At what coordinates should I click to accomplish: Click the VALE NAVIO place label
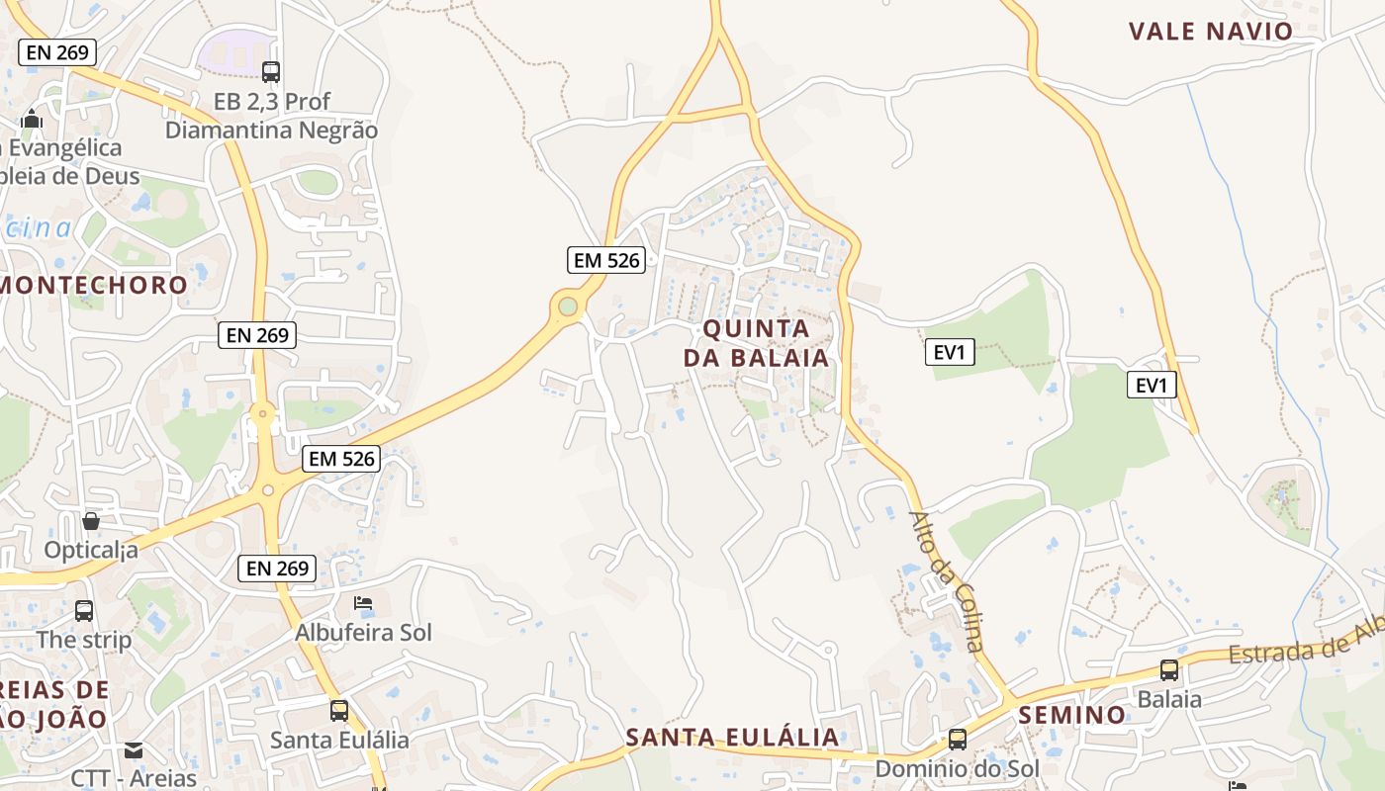point(1210,31)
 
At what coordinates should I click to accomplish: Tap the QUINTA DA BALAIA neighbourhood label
point(757,342)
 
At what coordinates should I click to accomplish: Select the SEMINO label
point(1071,715)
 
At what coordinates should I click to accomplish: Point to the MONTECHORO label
point(94,285)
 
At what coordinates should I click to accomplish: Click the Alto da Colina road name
point(948,581)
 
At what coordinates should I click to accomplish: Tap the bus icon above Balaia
point(1169,670)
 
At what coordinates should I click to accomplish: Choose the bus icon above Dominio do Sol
point(957,740)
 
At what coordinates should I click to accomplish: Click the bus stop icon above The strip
point(84,611)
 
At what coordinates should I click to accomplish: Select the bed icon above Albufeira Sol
point(363,603)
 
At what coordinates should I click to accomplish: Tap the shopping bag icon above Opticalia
point(91,520)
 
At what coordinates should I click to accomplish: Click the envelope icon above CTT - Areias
point(134,750)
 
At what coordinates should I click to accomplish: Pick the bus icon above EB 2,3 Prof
point(271,71)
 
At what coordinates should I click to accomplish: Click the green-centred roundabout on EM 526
point(567,307)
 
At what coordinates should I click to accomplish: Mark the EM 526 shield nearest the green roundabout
point(606,260)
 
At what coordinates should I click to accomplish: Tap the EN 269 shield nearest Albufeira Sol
point(277,568)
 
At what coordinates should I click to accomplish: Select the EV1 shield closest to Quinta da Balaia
point(950,351)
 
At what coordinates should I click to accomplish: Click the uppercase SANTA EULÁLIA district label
point(732,737)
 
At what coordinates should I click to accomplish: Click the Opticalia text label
point(91,550)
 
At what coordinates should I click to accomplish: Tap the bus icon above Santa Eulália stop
point(339,710)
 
